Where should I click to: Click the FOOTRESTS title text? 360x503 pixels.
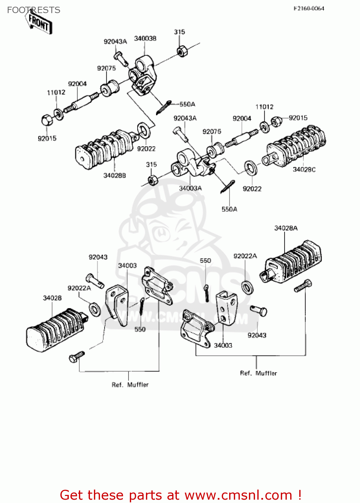point(34,10)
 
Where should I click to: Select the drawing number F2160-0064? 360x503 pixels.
point(309,8)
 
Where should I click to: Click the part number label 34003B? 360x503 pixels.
point(145,39)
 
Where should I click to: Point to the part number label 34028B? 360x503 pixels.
point(114,175)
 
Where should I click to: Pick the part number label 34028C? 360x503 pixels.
point(304,169)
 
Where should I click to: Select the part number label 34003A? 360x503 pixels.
point(190,188)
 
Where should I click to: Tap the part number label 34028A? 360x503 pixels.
point(286,228)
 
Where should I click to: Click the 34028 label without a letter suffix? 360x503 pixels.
point(52,298)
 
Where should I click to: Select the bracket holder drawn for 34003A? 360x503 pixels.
point(191,164)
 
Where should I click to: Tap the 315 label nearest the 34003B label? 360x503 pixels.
point(179,32)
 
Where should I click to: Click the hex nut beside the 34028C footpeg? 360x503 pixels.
point(276,121)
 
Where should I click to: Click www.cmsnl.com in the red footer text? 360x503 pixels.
point(238,495)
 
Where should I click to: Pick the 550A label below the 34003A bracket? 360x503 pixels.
point(229,209)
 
